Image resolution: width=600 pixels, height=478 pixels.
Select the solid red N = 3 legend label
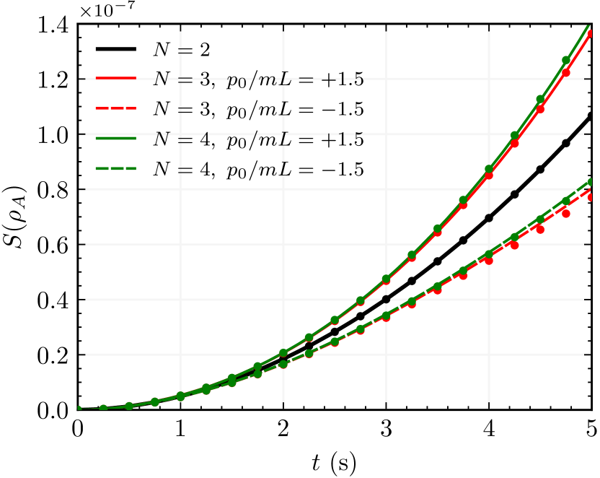(258, 79)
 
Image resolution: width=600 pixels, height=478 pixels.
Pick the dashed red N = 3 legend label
(258, 109)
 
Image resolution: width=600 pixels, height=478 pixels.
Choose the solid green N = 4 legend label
(258, 139)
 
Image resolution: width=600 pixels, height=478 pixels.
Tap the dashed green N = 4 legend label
(258, 169)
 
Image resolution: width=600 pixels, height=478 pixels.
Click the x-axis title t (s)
(334, 460)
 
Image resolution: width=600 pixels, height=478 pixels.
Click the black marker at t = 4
(489, 218)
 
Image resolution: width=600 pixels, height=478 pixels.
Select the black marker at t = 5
(591, 116)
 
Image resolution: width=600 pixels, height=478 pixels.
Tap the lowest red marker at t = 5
(591, 197)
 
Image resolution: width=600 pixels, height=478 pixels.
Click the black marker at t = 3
(386, 299)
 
